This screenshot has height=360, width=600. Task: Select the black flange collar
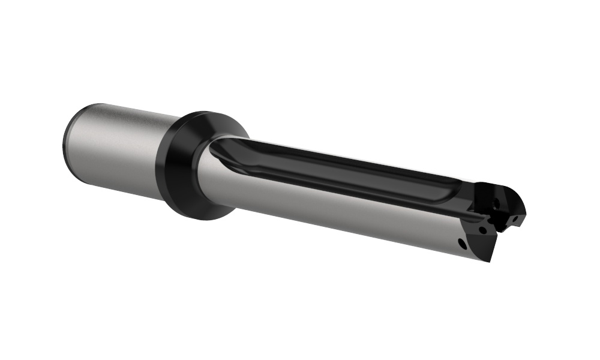tap(180, 165)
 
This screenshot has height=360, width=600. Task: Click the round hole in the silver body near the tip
tap(461, 244)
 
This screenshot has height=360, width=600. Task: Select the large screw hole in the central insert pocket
tap(495, 205)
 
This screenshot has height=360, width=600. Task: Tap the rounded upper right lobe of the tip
tap(516, 201)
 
